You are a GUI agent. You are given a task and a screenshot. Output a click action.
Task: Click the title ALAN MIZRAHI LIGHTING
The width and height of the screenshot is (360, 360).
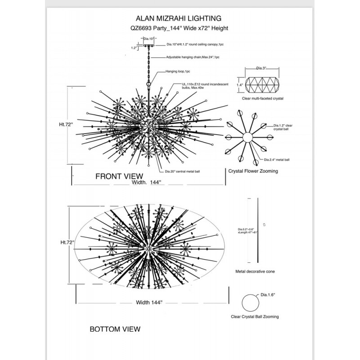tap(179, 18)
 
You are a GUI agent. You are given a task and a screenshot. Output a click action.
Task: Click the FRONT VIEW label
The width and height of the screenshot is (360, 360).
tap(119, 176)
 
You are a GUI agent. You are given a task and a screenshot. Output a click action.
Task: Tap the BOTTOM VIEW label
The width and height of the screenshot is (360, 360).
tap(115, 329)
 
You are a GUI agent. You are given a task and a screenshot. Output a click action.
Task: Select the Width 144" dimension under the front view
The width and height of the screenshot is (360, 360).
tap(146, 182)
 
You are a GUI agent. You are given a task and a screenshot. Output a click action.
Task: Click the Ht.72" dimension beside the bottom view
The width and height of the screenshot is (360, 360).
tap(67, 242)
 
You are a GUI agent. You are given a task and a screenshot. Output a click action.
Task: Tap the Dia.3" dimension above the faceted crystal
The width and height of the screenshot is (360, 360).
tap(261, 68)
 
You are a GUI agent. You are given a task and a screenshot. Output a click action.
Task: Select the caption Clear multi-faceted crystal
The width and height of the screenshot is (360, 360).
tap(262, 98)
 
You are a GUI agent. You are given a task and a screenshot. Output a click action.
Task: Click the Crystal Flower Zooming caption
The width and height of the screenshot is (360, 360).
tap(253, 171)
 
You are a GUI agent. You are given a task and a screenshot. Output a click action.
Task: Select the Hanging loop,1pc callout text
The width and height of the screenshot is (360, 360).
tap(178, 71)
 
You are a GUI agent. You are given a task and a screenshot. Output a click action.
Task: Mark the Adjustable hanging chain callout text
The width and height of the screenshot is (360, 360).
tap(193, 58)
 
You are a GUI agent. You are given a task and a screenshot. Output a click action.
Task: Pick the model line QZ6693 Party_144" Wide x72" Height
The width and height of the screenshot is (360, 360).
tap(179, 28)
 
